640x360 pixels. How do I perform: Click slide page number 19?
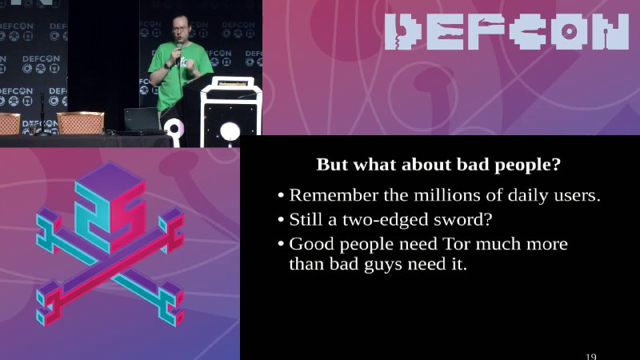pos(590,356)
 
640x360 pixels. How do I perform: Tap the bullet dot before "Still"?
pos(281,220)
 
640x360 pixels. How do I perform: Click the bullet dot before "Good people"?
pos(281,245)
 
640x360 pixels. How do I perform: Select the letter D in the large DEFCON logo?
pos(403,32)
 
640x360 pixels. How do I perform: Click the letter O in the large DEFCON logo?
pos(568,32)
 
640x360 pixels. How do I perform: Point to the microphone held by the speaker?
pos(178,51)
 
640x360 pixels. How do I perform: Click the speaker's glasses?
pos(180,30)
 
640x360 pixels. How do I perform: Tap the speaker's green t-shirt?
pos(178,75)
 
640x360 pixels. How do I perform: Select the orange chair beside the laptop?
pos(80,122)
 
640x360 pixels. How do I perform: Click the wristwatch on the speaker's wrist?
pos(167,66)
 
